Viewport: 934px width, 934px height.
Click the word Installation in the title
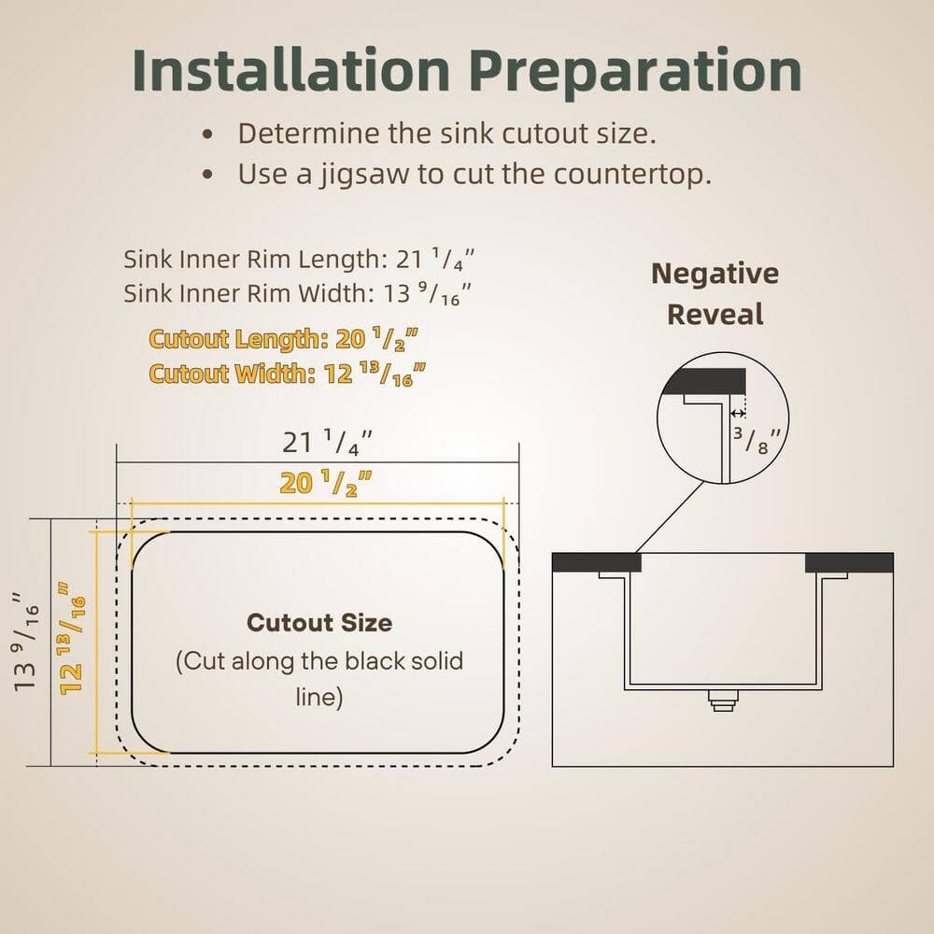click(290, 70)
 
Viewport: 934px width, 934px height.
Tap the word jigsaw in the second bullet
click(364, 176)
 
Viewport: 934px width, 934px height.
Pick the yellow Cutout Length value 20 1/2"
click(376, 339)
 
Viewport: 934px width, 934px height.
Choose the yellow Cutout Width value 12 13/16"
click(375, 375)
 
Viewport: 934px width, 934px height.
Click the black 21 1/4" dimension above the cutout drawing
click(327, 443)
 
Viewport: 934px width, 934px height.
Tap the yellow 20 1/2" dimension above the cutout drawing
click(326, 483)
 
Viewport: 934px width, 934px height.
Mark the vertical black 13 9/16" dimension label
click(26, 642)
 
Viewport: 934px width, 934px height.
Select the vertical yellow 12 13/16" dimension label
click(72, 638)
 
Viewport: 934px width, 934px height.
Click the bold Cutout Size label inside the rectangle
click(319, 622)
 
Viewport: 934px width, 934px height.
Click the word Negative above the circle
click(715, 275)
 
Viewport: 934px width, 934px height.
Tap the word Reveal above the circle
click(715, 315)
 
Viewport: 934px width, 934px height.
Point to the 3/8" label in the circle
click(757, 440)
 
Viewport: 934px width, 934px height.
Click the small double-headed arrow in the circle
click(738, 414)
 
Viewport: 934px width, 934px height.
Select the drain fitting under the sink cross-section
click(723, 700)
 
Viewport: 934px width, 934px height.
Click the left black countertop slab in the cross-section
click(596, 562)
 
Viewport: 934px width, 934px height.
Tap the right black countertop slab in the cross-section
click(849, 562)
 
